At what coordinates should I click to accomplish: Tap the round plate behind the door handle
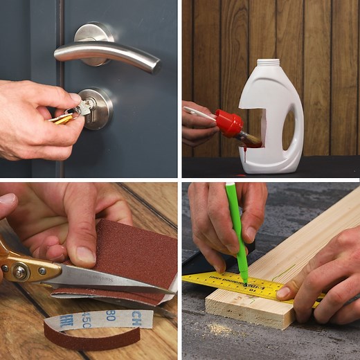(x=93, y=35)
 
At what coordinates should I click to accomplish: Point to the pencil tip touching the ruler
(x=245, y=282)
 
